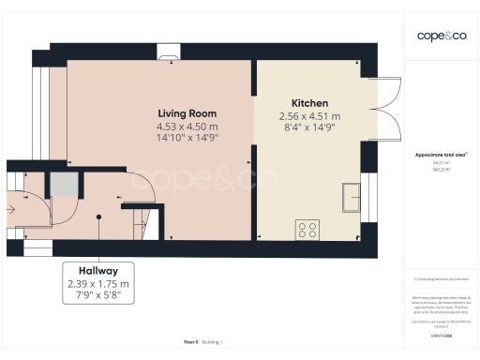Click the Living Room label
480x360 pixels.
(187, 113)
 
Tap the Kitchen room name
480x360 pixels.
(309, 103)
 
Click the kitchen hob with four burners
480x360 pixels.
(307, 227)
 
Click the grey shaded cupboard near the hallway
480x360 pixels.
(63, 184)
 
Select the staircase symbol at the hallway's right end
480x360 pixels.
(141, 224)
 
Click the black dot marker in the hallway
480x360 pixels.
(98, 217)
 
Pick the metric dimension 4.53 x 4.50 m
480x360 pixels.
(187, 127)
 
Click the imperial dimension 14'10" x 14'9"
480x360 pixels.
(187, 139)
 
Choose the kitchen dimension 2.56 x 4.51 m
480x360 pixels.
(309, 116)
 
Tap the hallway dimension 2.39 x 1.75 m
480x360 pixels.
(98, 283)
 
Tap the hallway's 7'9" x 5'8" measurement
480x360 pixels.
(98, 296)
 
